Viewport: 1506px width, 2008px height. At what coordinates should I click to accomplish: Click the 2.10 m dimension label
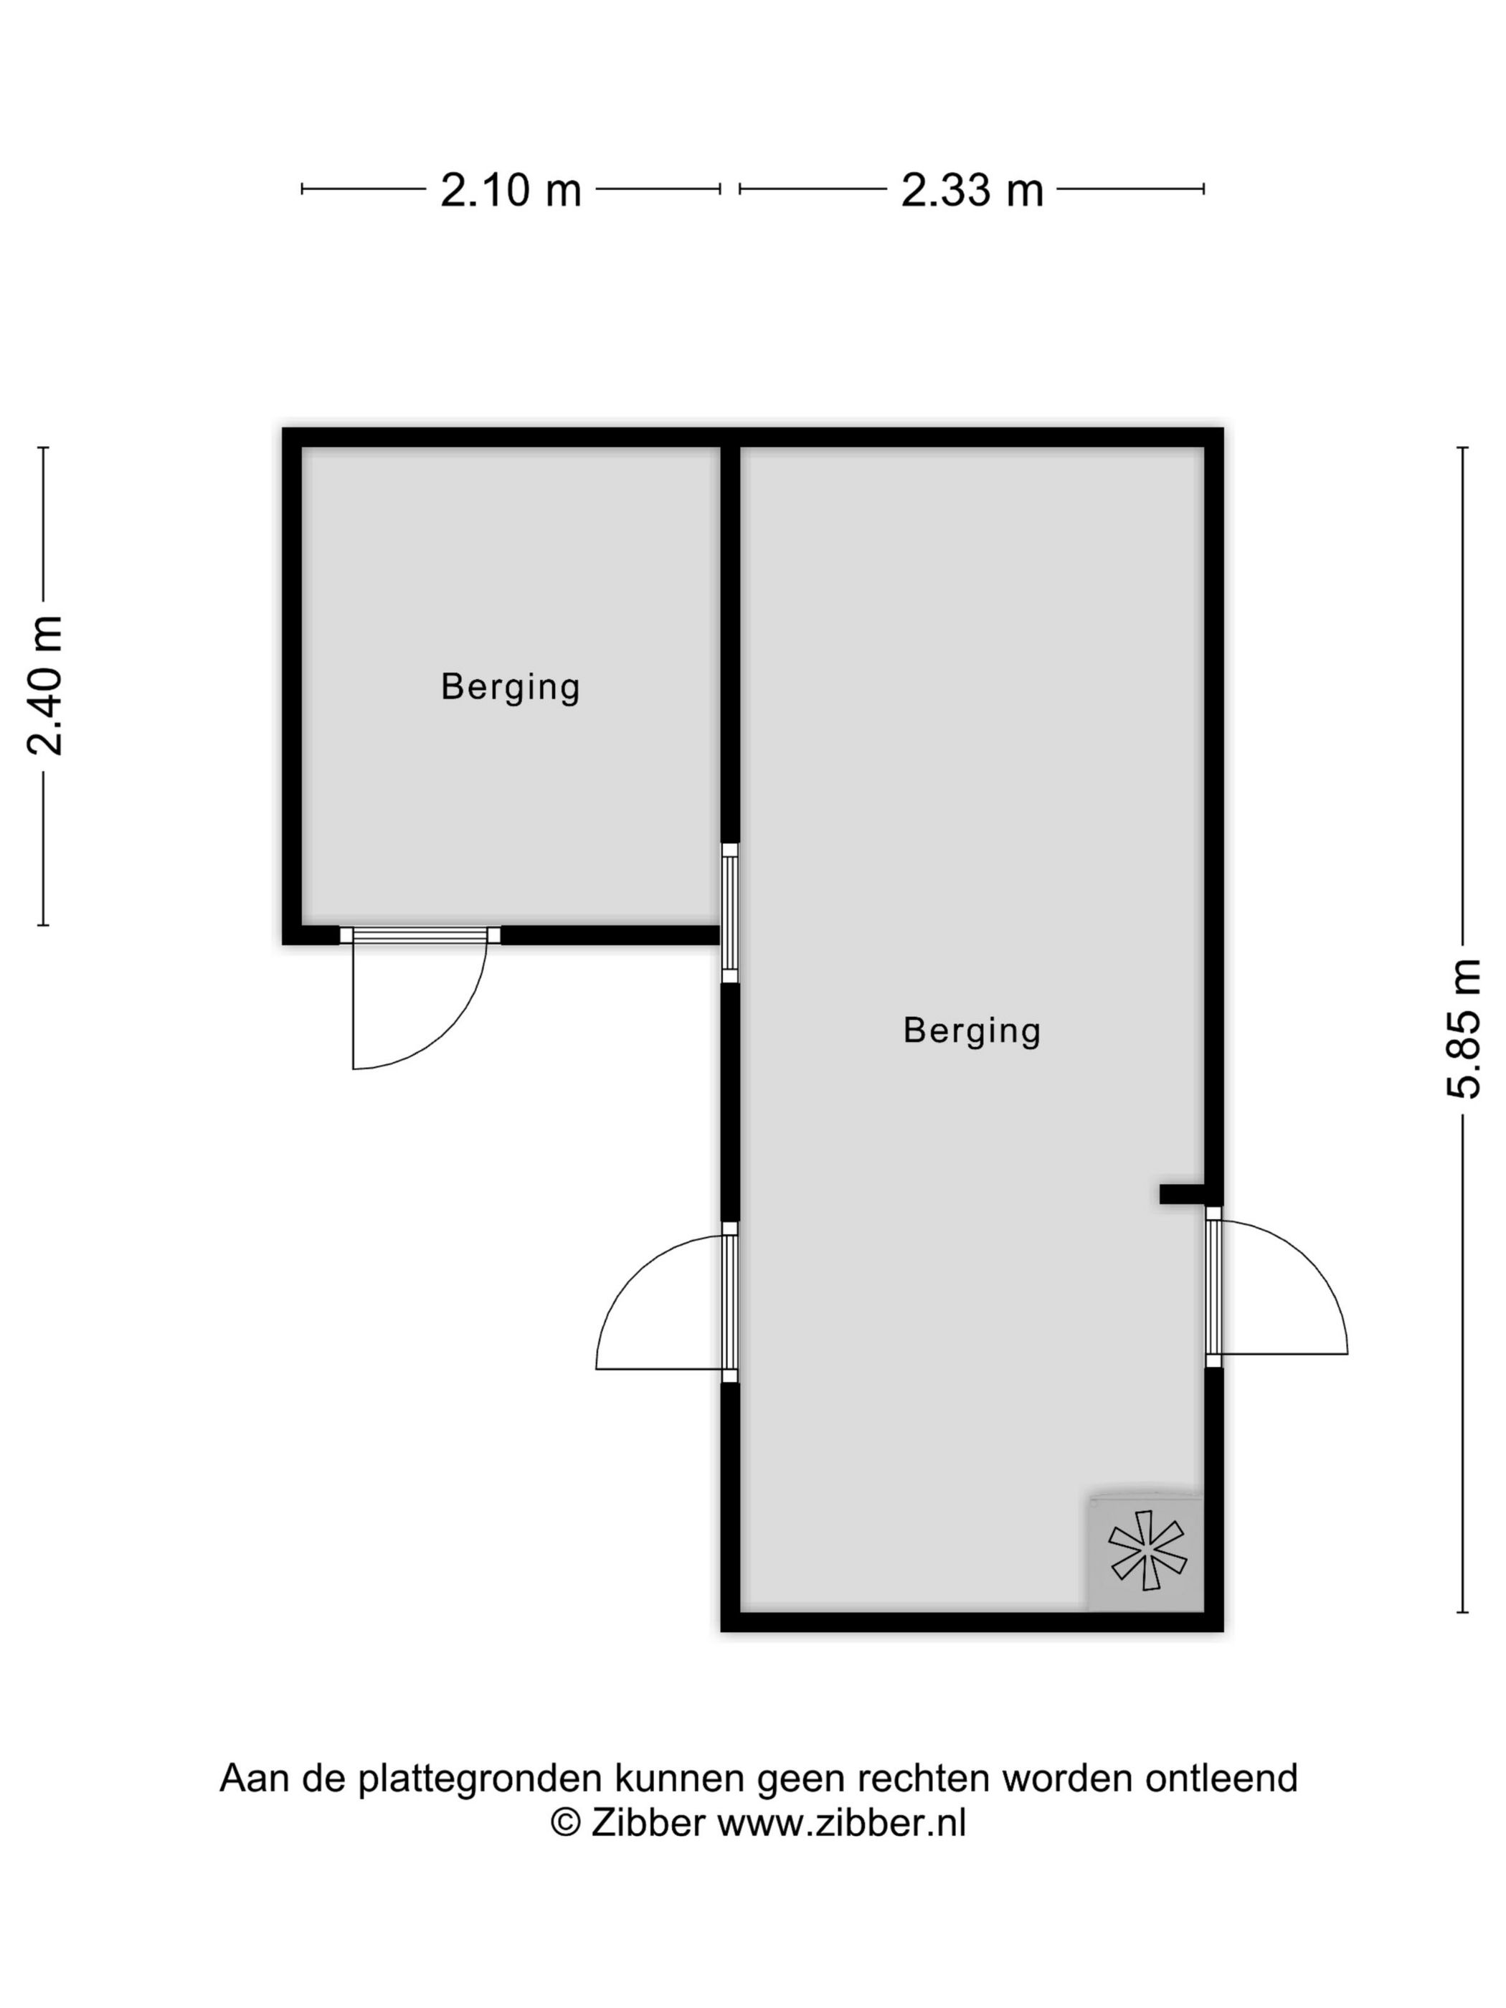pyautogui.click(x=510, y=191)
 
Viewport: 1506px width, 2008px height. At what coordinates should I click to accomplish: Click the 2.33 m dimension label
pyautogui.click(x=971, y=191)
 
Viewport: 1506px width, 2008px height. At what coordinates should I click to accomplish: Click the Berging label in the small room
pyautogui.click(x=510, y=686)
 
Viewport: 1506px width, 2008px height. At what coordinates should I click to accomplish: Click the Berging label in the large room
pyautogui.click(x=971, y=1031)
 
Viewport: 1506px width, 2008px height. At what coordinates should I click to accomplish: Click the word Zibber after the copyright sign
pyautogui.click(x=648, y=1822)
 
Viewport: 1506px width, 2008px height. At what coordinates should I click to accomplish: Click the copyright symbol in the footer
pyautogui.click(x=567, y=1823)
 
